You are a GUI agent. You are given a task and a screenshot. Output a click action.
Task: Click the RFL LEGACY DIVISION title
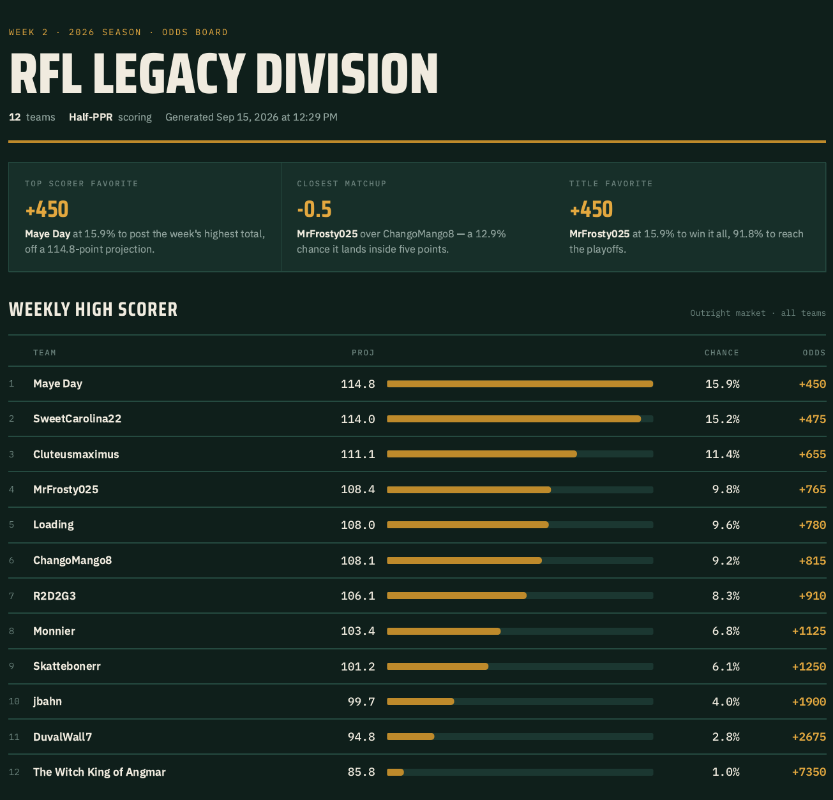(223, 73)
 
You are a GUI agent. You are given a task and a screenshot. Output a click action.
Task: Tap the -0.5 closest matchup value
(314, 209)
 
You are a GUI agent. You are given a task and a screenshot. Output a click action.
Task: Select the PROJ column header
(363, 353)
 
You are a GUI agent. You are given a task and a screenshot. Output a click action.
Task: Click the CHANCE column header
(722, 353)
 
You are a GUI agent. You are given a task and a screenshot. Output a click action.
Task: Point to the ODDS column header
(814, 353)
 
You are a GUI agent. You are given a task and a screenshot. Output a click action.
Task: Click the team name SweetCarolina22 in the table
(77, 419)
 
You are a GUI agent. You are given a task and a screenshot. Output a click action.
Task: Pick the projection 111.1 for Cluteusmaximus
(358, 454)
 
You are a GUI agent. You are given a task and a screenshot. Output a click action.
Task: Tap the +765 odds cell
(813, 489)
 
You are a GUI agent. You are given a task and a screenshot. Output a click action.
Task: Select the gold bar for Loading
(467, 525)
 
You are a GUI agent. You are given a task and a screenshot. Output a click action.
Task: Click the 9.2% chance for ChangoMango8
(726, 560)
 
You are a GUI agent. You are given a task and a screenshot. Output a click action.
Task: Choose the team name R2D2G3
(54, 596)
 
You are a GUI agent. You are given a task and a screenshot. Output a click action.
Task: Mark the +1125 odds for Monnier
(809, 631)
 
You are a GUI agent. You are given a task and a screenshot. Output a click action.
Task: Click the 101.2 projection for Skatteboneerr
(358, 667)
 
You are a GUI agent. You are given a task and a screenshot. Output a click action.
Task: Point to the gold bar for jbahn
(421, 702)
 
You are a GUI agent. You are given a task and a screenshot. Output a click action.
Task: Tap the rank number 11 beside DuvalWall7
(14, 737)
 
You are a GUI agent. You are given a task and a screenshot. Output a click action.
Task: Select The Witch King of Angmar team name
(100, 772)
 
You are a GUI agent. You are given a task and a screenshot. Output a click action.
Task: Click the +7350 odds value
(809, 772)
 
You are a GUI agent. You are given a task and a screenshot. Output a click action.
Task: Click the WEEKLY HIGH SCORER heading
(93, 309)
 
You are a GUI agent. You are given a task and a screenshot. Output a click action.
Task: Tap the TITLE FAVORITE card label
(611, 184)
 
